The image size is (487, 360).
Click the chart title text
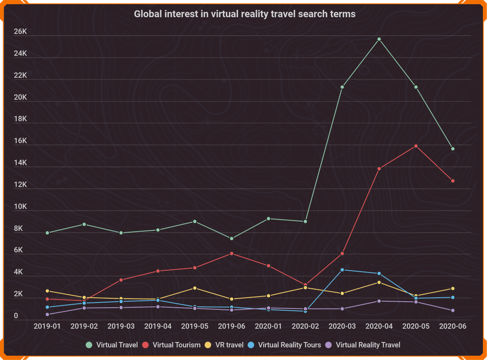[244, 14]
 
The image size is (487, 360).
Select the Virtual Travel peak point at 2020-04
[379, 39]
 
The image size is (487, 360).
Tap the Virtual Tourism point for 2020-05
[416, 146]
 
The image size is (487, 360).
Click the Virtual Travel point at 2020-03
[342, 87]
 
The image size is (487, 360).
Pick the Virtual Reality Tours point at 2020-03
[342, 269]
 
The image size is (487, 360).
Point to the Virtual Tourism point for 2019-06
[231, 254]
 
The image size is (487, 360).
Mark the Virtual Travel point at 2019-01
[47, 233]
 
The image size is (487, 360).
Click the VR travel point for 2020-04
[379, 282]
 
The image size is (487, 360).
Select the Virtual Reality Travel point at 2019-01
[47, 315]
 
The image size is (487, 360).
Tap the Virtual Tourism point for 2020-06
[453, 181]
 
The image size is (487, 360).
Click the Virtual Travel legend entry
[112, 345]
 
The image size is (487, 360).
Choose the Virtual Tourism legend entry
[171, 345]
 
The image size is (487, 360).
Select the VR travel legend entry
[224, 345]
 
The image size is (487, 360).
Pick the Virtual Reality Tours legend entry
[285, 345]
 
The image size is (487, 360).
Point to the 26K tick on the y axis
[21, 32]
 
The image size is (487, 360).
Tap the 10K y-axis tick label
[21, 207]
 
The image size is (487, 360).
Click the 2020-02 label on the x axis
[305, 326]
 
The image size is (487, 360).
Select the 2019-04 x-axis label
[158, 326]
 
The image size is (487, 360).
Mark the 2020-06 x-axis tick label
[453, 326]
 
